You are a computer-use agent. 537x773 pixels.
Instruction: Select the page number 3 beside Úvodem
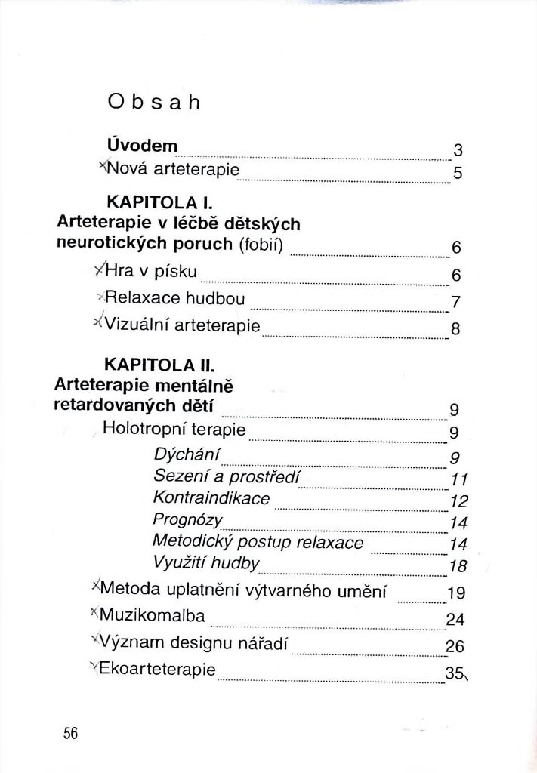coord(457,149)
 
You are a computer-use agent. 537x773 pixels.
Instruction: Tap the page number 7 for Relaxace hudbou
coord(455,303)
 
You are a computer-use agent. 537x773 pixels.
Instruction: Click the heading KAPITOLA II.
coord(159,365)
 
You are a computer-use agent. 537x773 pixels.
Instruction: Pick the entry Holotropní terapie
coord(174,430)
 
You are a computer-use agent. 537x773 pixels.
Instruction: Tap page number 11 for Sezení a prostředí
coord(459,480)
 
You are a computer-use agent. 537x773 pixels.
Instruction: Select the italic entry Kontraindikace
coord(211,498)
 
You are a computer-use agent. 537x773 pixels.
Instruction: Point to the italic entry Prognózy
coord(187,520)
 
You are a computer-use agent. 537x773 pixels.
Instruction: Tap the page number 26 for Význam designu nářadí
coord(455,646)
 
